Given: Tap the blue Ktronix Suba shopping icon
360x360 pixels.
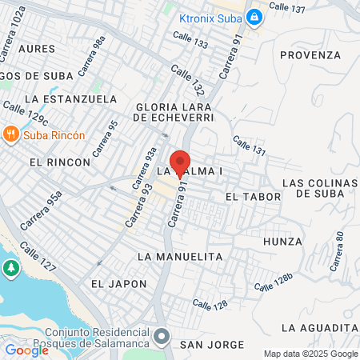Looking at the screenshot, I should tap(254, 16).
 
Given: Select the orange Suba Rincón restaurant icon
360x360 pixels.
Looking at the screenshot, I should tap(11, 134).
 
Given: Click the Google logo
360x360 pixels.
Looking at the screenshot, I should tap(26, 350).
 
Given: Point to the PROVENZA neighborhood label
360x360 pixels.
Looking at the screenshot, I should tap(311, 54).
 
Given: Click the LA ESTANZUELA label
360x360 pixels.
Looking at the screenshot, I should tap(71, 99).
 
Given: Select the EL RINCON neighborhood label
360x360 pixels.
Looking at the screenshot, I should tap(59, 162).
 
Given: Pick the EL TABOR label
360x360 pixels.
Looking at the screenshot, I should tap(253, 196).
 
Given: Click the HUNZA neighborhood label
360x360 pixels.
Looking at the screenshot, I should tap(282, 241).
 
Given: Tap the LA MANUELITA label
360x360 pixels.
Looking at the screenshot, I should tap(179, 256).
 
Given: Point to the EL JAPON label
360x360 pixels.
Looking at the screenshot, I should tap(118, 283).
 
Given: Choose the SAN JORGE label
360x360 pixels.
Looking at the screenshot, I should tap(211, 344).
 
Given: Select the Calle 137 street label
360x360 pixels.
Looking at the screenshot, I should tap(288, 6).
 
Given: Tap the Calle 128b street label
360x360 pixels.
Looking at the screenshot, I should tap(274, 282).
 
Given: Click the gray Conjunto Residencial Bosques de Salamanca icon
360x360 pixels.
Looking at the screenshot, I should tap(162, 335).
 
